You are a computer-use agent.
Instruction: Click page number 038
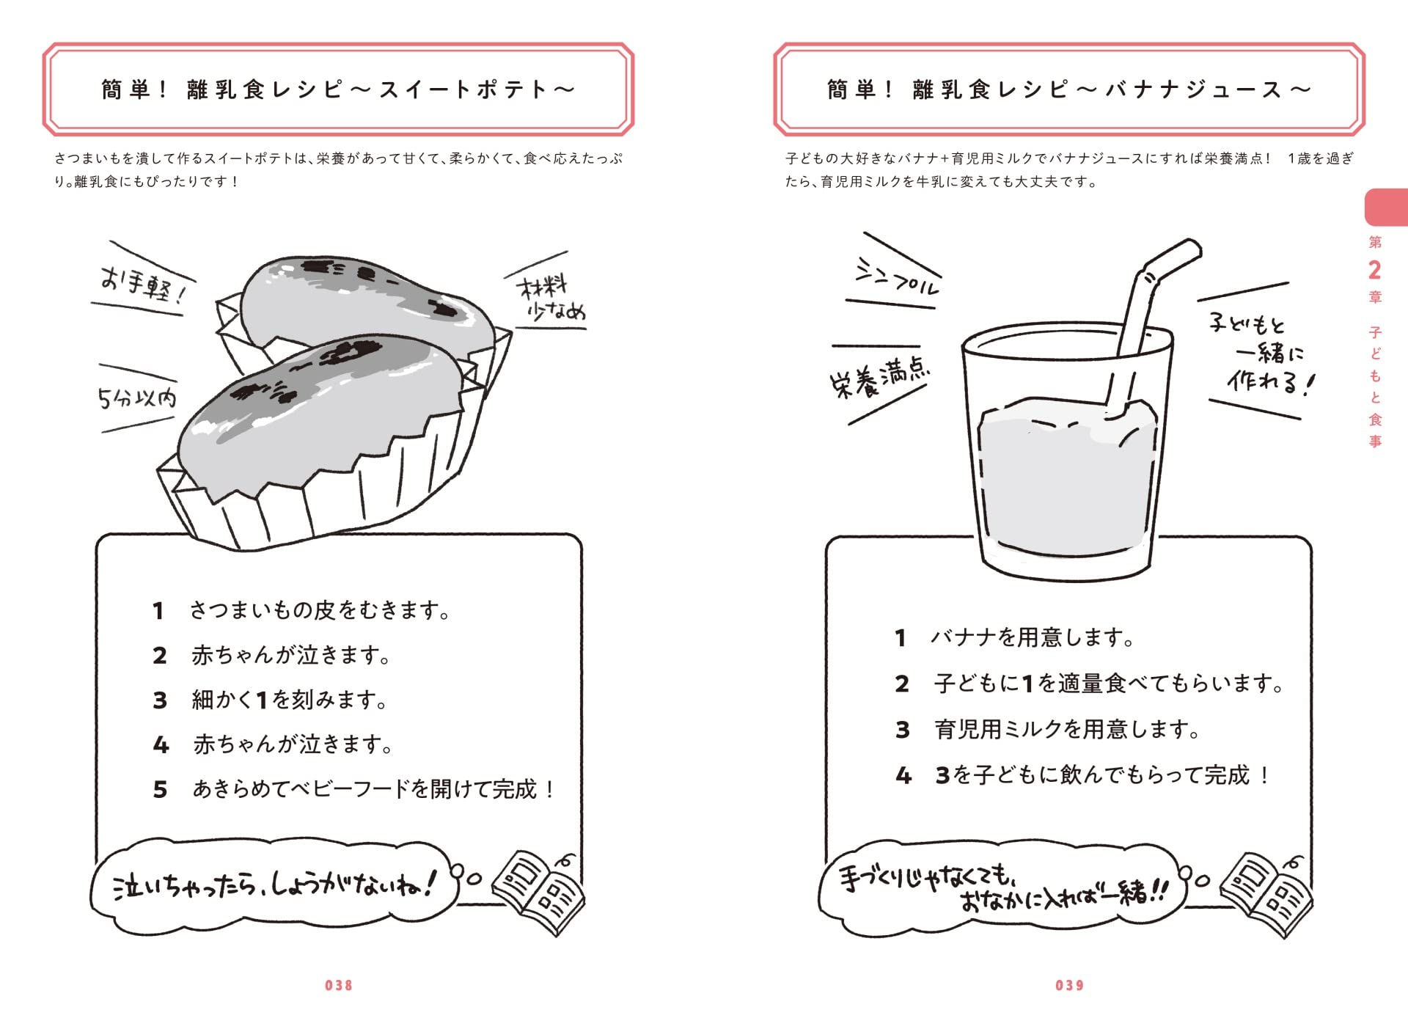point(339,986)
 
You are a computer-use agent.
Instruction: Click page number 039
point(1070,986)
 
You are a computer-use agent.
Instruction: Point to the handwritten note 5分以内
point(137,398)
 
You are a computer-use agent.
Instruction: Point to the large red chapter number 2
point(1374,271)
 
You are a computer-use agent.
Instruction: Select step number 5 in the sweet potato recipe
point(160,790)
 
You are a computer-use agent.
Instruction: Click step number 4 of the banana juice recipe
point(903,775)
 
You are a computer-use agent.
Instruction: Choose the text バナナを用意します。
point(1033,637)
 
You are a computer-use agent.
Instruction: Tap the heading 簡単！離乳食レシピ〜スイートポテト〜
point(338,89)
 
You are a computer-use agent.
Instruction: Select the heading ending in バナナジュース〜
point(1069,89)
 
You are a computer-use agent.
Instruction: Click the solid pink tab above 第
point(1386,208)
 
